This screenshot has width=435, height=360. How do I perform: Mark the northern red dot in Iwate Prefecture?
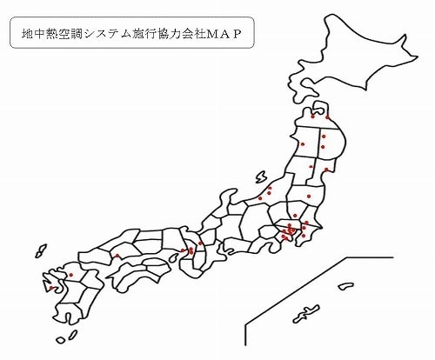323,137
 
